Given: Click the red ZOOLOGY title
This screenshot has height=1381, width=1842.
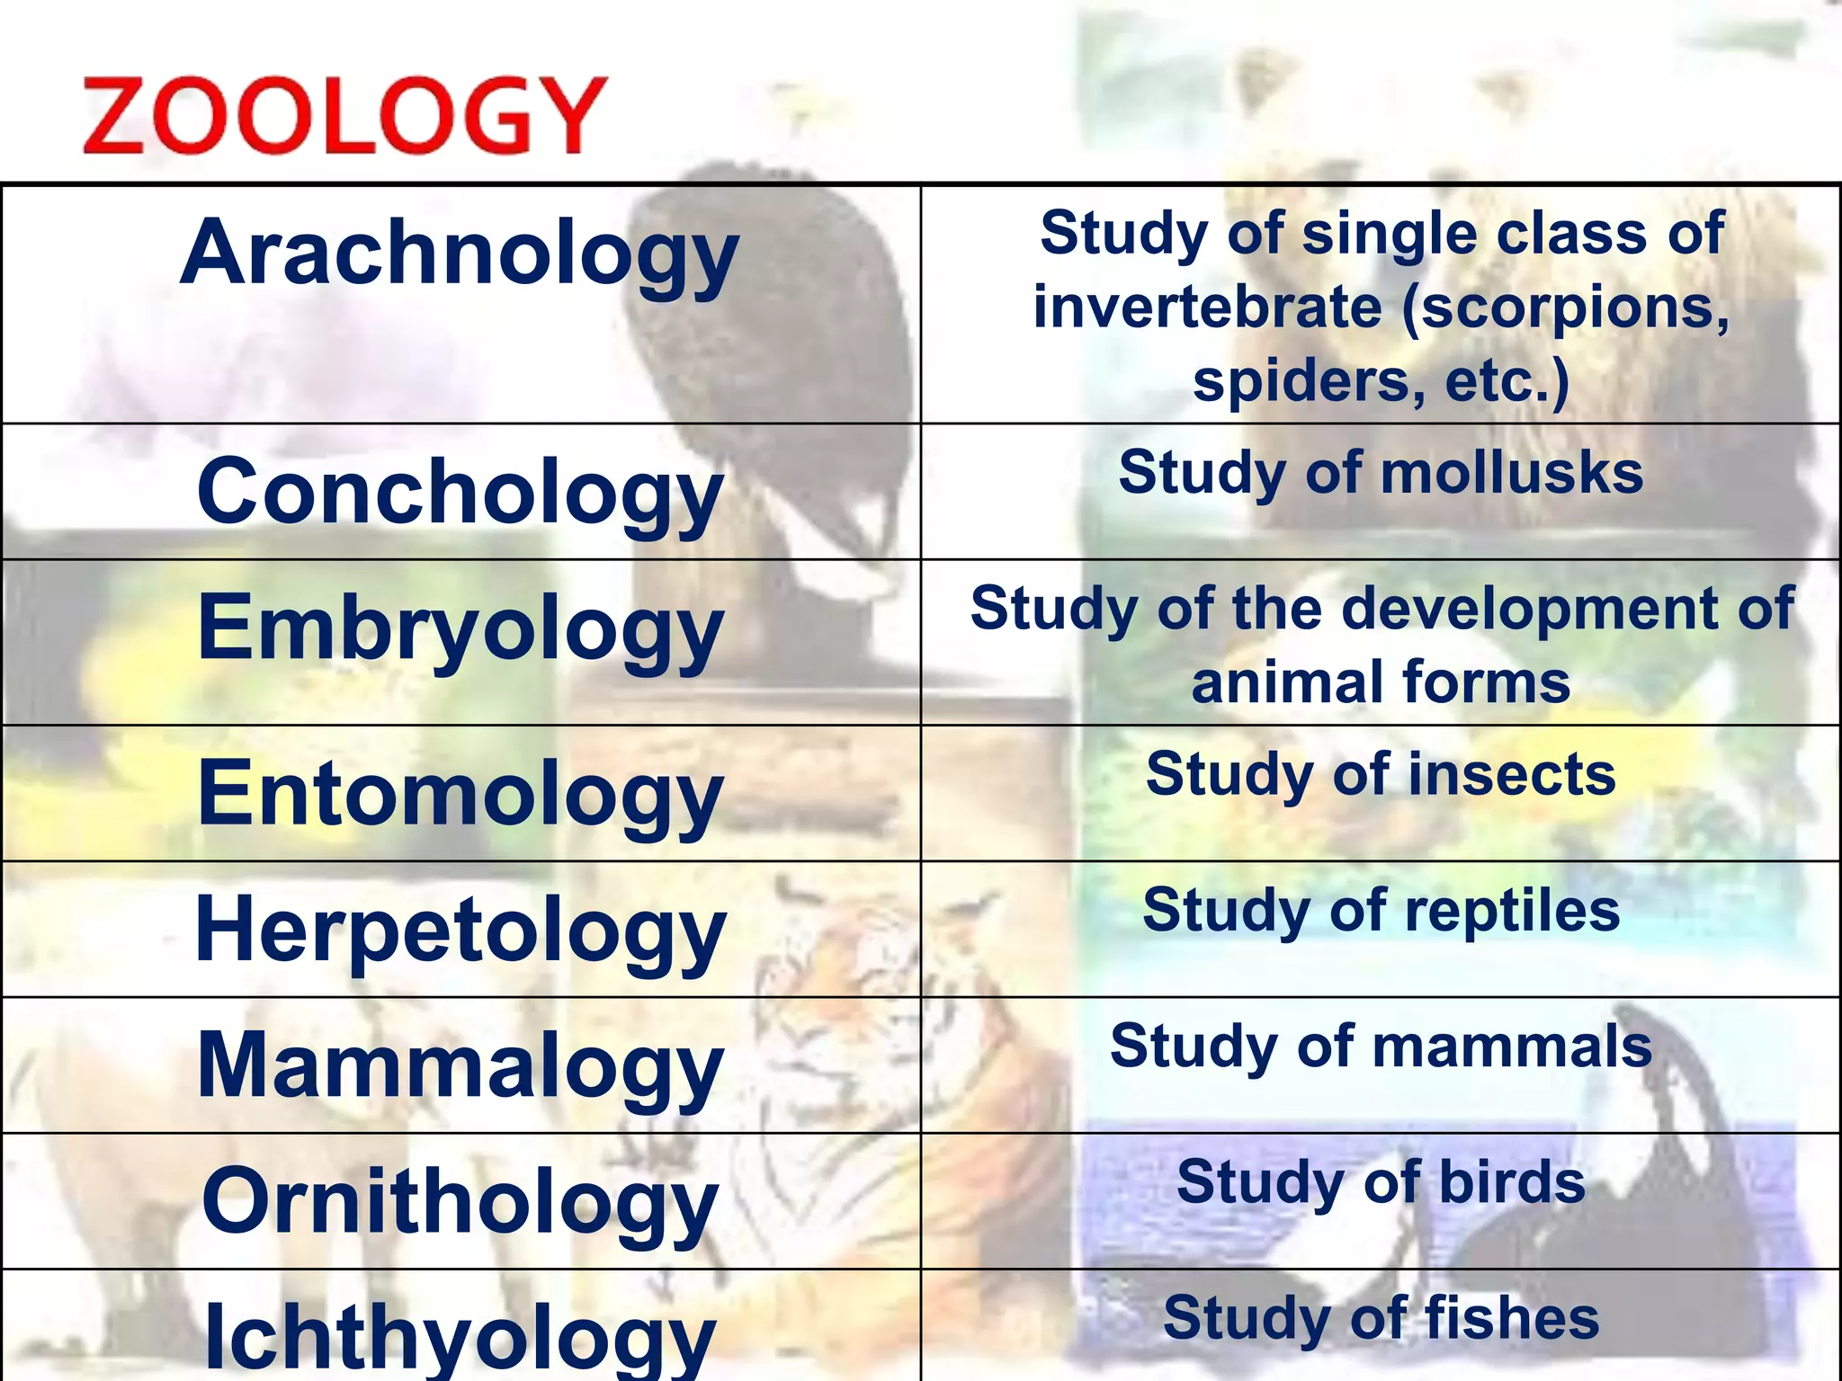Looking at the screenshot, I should click(x=344, y=115).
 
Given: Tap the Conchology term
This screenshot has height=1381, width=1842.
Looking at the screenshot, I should click(x=460, y=493).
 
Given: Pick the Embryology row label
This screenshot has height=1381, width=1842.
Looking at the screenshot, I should click(x=460, y=628).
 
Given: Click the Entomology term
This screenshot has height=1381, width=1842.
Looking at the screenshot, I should click(x=460, y=794).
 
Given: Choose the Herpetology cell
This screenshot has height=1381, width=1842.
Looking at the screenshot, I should click(x=460, y=931).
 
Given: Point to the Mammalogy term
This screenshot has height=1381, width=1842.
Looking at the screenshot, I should click(x=460, y=1066).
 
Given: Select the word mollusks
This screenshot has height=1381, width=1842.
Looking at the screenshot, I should click(x=1512, y=473).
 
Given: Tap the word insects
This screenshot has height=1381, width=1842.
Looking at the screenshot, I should click(x=1512, y=775).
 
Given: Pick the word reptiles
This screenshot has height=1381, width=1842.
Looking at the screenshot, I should click(x=1512, y=911).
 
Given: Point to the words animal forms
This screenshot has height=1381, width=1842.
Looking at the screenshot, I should click(x=1381, y=682).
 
